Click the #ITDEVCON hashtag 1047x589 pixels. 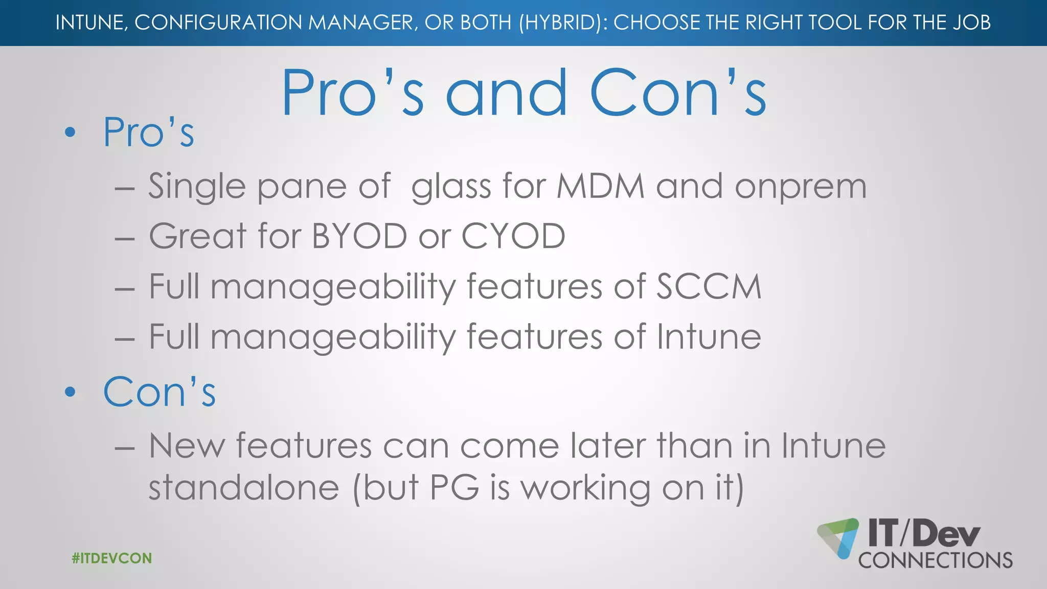pos(112,558)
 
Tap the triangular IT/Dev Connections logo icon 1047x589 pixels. pos(838,538)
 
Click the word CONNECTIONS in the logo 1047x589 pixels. pos(936,560)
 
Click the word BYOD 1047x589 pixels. pos(359,236)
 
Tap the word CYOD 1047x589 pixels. pos(513,236)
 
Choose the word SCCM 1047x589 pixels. pos(709,286)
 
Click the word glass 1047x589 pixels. pos(451,187)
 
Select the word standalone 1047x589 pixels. pos(244,487)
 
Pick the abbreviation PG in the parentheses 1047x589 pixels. pos(454,487)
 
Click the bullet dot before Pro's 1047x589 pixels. pos(71,133)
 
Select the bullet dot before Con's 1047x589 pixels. pos(71,392)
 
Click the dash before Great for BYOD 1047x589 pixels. pos(125,238)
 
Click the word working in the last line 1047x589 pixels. pos(585,488)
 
